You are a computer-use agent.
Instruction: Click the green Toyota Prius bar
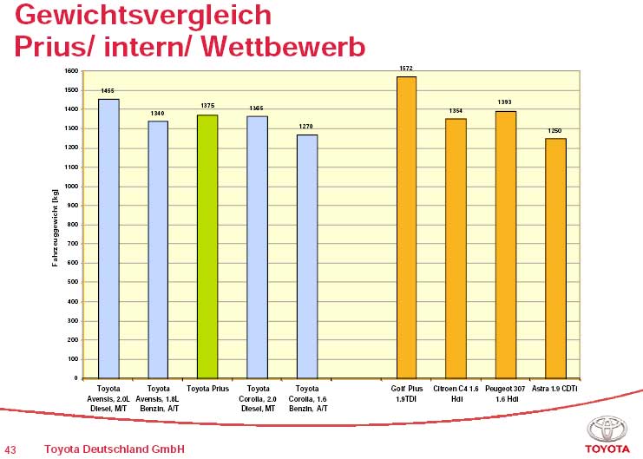click(207, 246)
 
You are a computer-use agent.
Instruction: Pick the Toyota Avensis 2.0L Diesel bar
click(108, 239)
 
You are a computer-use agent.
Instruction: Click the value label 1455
click(108, 90)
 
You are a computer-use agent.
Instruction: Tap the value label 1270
click(306, 127)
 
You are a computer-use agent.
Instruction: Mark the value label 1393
click(505, 102)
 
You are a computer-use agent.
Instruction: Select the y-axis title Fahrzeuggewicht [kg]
click(55, 224)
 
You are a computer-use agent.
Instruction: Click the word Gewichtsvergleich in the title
click(143, 15)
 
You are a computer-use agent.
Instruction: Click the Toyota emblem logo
click(606, 429)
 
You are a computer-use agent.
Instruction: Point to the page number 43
click(10, 449)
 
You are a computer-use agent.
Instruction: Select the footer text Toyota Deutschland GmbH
click(114, 449)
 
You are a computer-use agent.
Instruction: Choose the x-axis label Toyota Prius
click(208, 390)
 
